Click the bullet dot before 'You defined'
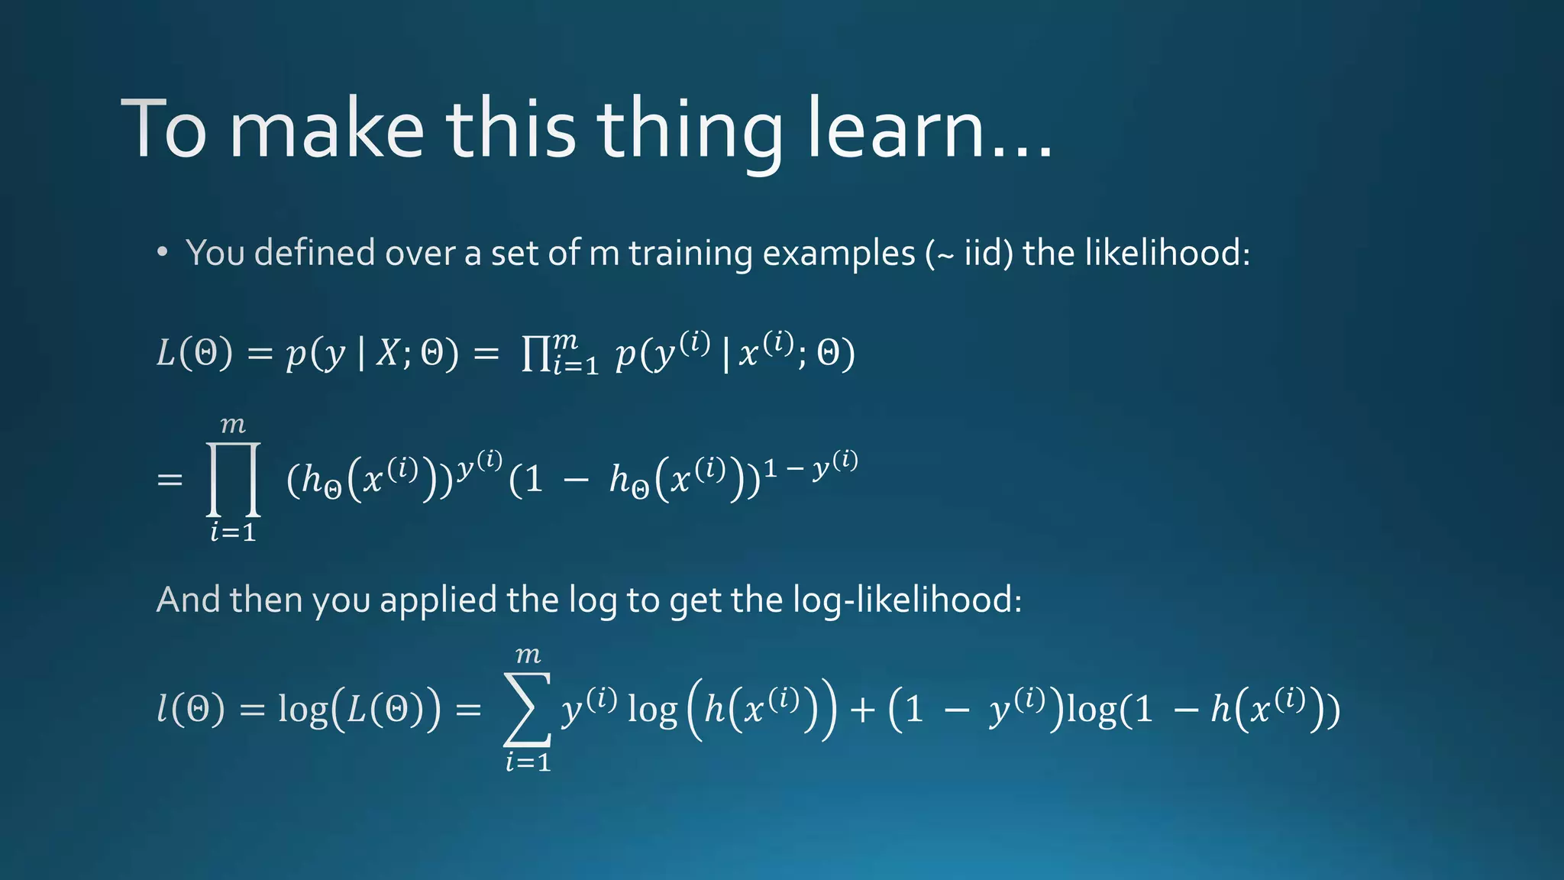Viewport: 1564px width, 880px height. pos(162,252)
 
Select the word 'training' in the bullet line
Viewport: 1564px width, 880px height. pos(690,254)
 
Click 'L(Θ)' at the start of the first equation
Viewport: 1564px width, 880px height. pos(194,354)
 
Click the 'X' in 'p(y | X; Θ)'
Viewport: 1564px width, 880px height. pos(389,354)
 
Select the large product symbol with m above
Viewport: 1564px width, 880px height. pos(234,480)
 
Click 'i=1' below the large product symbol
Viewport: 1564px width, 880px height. pos(233,532)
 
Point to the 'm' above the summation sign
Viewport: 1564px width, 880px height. pos(528,655)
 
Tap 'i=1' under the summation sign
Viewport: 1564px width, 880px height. pos(528,762)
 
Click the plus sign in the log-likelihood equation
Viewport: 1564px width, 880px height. pos(862,710)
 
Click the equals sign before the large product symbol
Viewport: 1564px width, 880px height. pos(170,480)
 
